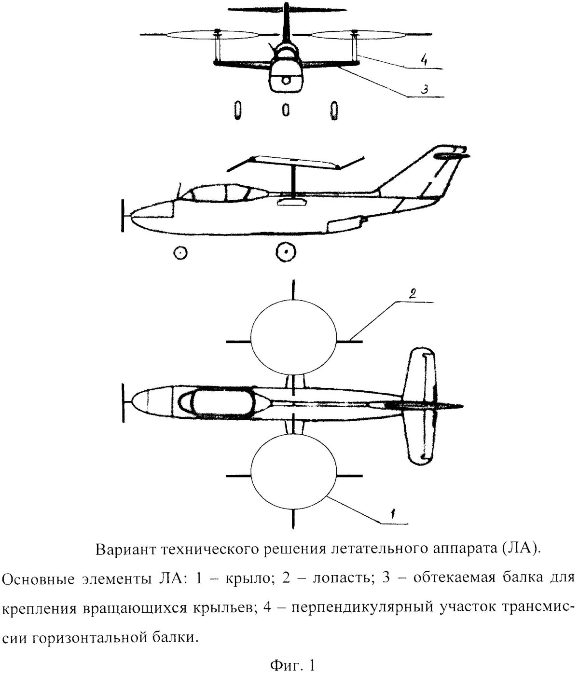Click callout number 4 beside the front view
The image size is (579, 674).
pos(423,61)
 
